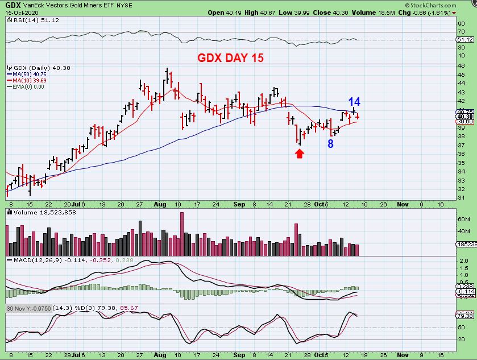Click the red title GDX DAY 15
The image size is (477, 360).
point(230,58)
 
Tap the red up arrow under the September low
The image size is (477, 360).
point(300,153)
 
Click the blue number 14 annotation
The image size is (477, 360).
point(354,102)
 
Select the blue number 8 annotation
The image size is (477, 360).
point(330,143)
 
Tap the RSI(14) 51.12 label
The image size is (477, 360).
point(24,20)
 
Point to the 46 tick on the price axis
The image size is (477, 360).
point(462,66)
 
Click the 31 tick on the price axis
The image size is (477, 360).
point(462,197)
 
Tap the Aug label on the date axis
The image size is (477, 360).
point(160,204)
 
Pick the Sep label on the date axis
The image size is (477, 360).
point(239,204)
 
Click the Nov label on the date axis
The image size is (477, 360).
point(403,204)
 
